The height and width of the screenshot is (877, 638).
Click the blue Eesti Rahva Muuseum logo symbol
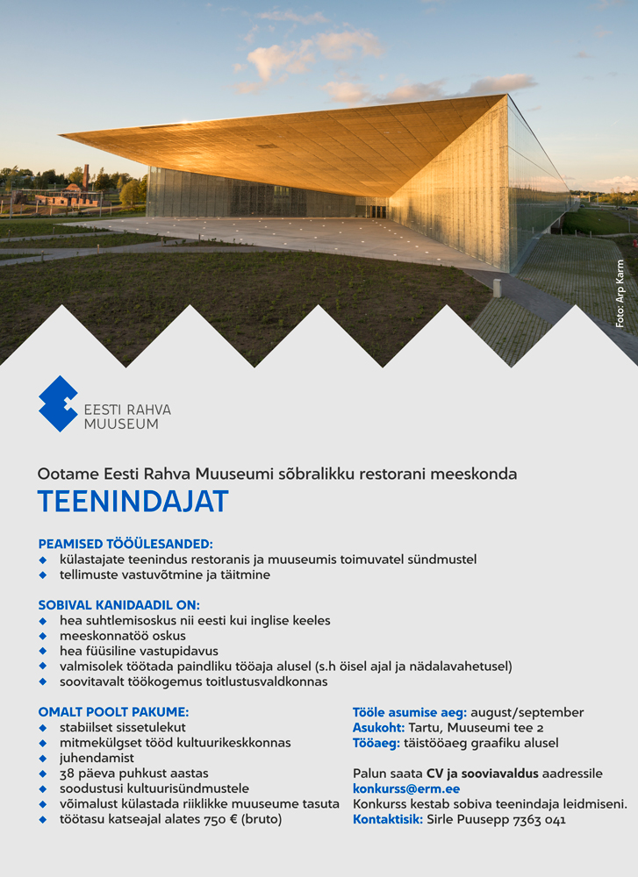click(58, 403)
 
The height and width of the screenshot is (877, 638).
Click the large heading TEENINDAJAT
click(133, 502)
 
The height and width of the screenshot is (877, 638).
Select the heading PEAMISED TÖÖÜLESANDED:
click(125, 544)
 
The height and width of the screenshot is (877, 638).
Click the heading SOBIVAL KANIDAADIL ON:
click(118, 605)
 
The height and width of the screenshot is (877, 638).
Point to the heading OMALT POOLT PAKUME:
click(113, 712)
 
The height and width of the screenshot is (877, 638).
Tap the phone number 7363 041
click(540, 820)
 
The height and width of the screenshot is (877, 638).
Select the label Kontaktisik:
click(388, 820)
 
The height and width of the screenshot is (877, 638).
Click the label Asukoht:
click(378, 728)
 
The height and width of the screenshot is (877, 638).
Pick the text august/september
click(527, 712)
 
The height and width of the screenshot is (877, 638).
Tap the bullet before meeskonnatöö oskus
click(42, 636)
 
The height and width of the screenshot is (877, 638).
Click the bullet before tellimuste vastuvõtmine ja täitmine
click(42, 575)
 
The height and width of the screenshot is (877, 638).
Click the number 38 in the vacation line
click(68, 774)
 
